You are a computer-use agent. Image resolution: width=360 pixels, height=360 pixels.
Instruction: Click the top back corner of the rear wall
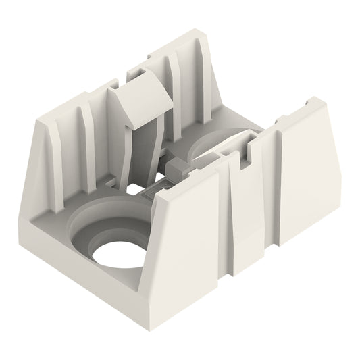(x=196, y=32)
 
